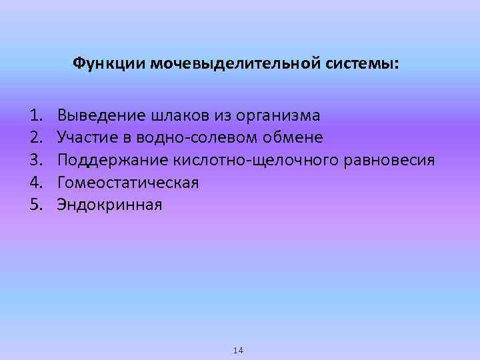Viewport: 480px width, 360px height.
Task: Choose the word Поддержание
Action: pyautogui.click(x=113, y=160)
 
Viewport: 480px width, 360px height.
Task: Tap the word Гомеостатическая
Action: pyautogui.click(x=128, y=182)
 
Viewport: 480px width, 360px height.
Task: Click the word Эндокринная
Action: pyautogui.click(x=109, y=204)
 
